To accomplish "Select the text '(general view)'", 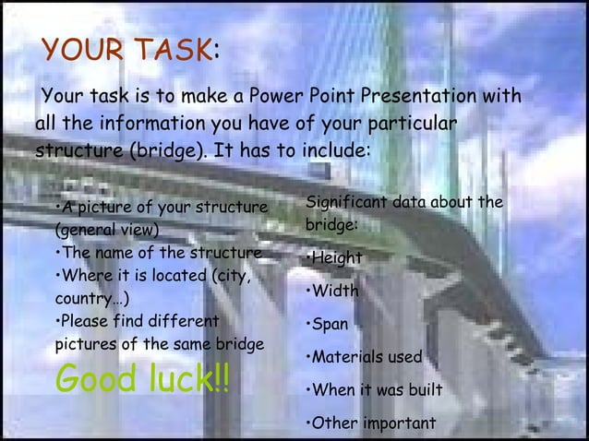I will click(107, 230).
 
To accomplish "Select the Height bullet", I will click(334, 259).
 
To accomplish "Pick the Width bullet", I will click(331, 292).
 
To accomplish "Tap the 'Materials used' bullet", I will click(364, 357).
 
